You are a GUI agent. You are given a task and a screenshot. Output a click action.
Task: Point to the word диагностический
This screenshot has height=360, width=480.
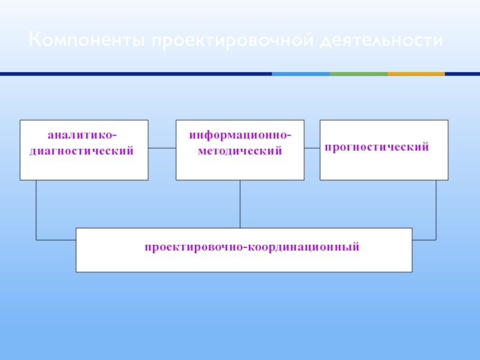coord(82,151)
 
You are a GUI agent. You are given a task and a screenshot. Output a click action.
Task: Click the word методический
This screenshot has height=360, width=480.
coord(240,151)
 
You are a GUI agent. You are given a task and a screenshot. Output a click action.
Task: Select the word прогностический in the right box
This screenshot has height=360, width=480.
coord(377,146)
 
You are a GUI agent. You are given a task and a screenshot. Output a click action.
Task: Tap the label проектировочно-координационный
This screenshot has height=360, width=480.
coord(251,246)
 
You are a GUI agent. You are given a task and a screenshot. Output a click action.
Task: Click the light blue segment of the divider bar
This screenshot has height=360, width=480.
coord(301,74)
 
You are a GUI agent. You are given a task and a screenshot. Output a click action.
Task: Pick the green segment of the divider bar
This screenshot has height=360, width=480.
coord(358,74)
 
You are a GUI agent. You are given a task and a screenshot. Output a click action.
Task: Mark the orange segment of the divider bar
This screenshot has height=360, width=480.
coord(416,74)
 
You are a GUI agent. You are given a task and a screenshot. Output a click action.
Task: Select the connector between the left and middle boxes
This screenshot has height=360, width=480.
coord(162,148)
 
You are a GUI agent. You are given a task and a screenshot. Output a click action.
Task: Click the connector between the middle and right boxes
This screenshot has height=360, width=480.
coord(312,148)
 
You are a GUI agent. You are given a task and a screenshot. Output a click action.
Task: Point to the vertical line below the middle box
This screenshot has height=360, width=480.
coord(240,204)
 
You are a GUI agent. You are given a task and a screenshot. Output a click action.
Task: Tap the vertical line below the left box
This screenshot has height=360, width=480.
coord(36,210)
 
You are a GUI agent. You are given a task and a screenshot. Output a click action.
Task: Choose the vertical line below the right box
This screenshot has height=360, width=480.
coord(436,210)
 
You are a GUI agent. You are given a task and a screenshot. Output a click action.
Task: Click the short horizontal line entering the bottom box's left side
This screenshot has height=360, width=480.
coord(56,240)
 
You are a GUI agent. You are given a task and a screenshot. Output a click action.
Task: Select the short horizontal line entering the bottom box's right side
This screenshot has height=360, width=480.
coord(424,240)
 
